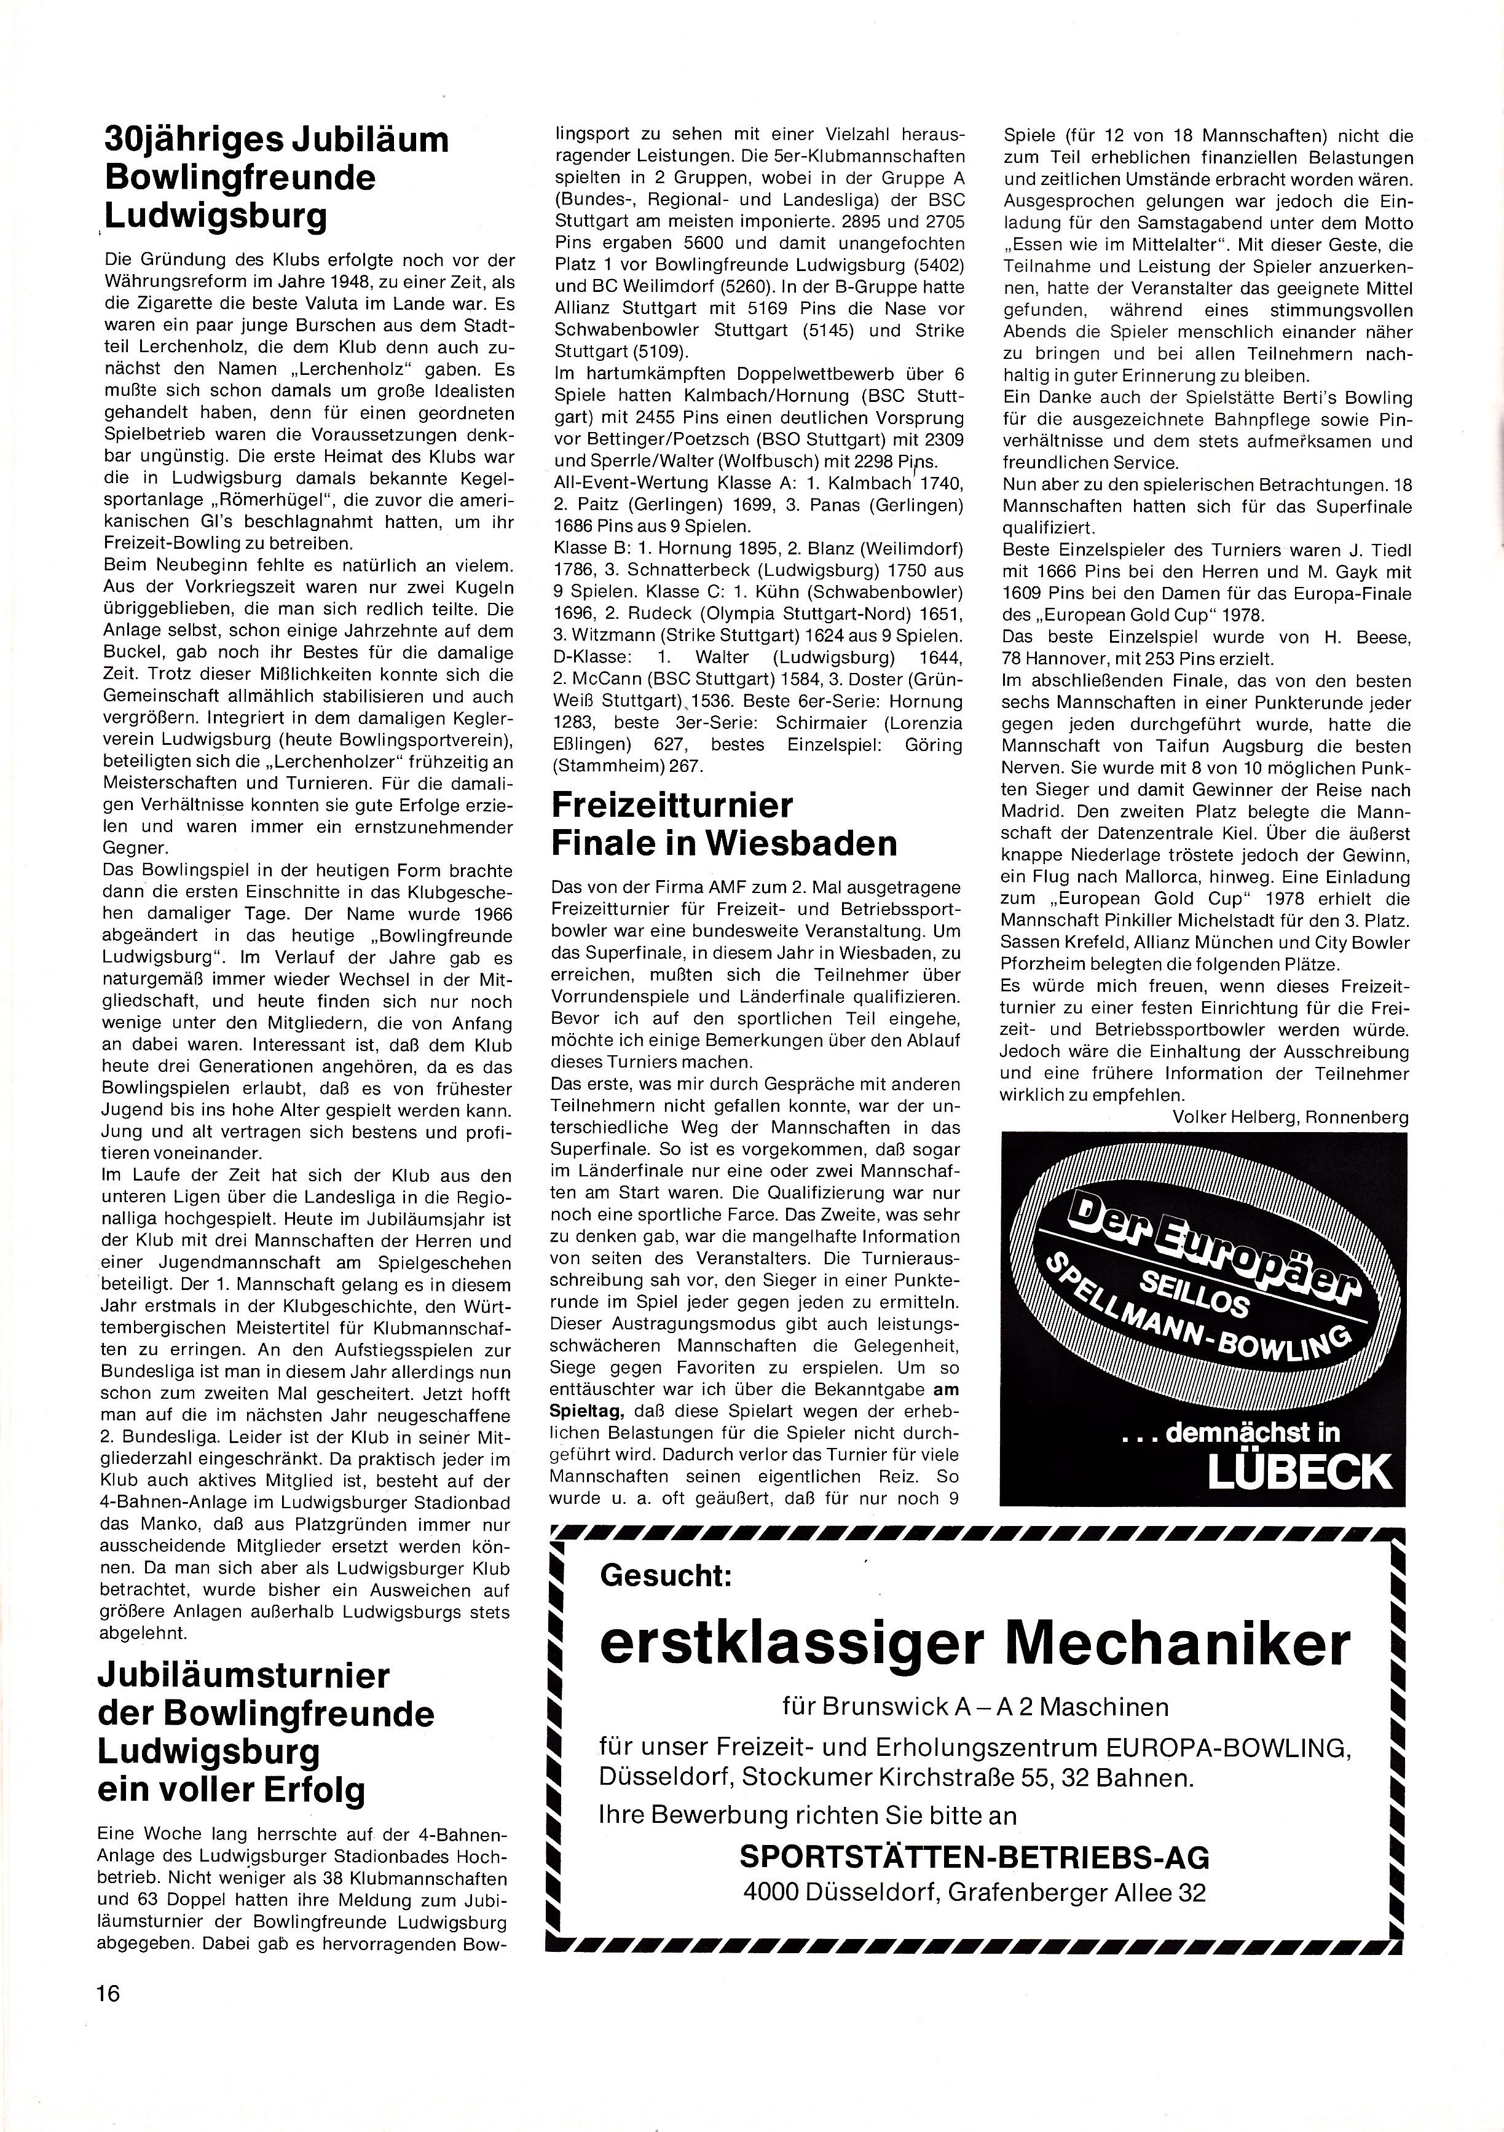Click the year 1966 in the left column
point(486,914)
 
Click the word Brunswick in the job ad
point(882,1708)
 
